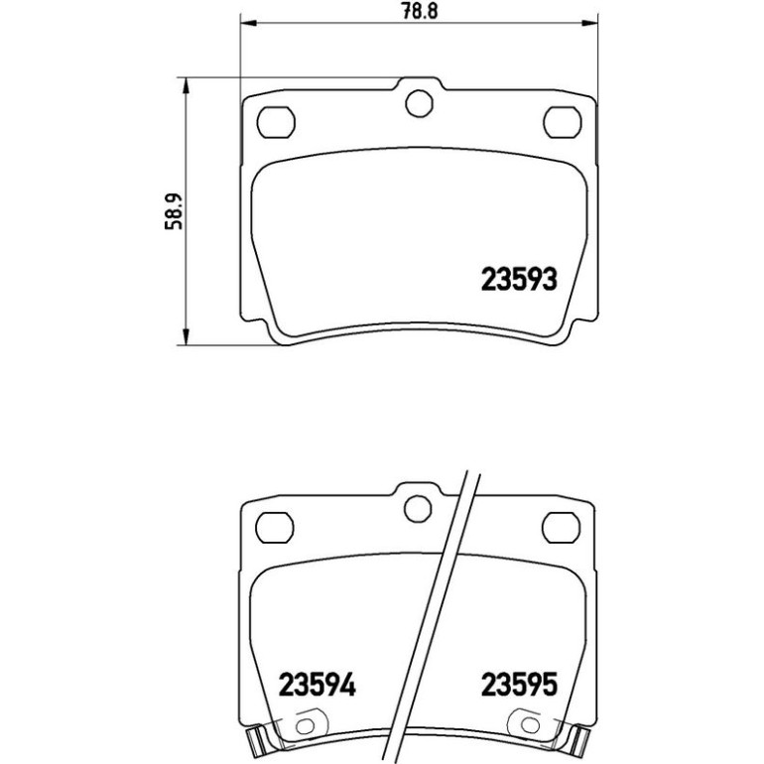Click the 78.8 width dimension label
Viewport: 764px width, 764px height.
point(420,11)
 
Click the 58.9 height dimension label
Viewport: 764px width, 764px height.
point(174,211)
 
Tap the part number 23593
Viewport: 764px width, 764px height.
point(518,280)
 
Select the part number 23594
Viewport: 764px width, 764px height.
point(317,684)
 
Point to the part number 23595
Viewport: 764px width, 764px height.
point(518,684)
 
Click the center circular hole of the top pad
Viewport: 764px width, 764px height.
point(419,103)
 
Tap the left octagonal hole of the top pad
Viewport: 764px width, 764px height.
point(276,122)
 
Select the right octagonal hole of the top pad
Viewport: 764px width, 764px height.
point(563,122)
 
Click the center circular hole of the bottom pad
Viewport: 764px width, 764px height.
point(418,509)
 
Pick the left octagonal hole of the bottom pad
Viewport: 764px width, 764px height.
point(274,528)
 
